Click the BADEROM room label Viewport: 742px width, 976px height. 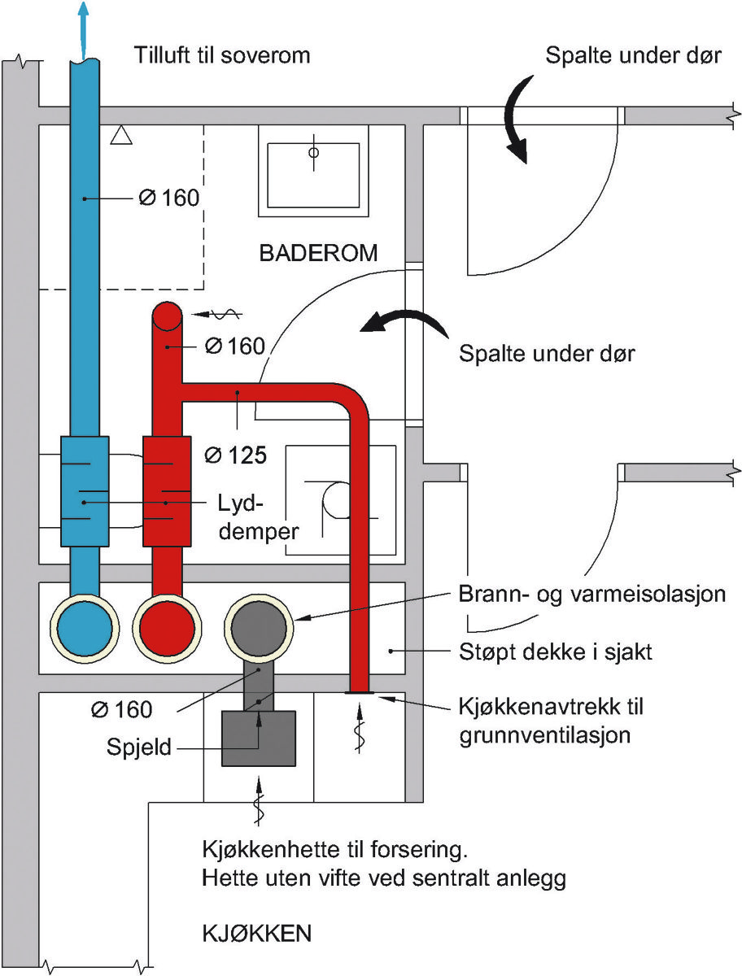coord(318,253)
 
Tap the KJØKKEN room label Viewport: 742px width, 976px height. coord(257,934)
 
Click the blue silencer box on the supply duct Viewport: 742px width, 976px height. coord(85,491)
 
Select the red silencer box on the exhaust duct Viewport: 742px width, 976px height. coord(167,491)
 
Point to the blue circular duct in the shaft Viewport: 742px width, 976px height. coord(85,628)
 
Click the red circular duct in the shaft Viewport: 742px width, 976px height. coord(167,628)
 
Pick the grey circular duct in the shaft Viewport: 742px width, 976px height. coord(258,628)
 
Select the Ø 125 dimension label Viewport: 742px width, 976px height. coord(236,455)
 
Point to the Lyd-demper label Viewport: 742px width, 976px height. coord(258,517)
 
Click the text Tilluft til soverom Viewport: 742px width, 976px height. coord(222,55)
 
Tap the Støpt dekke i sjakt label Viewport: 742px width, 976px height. coord(555,652)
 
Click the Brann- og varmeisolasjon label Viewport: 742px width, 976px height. coord(592,594)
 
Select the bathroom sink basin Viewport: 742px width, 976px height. coord(313,175)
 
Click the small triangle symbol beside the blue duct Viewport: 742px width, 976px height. coord(121,135)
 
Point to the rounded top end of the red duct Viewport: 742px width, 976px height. coord(167,316)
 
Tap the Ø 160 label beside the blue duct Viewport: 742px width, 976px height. coord(169,198)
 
